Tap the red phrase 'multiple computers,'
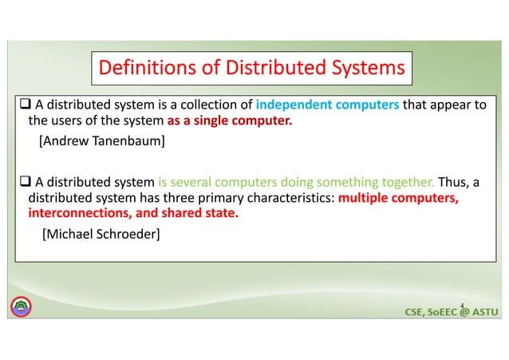[398, 198]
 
